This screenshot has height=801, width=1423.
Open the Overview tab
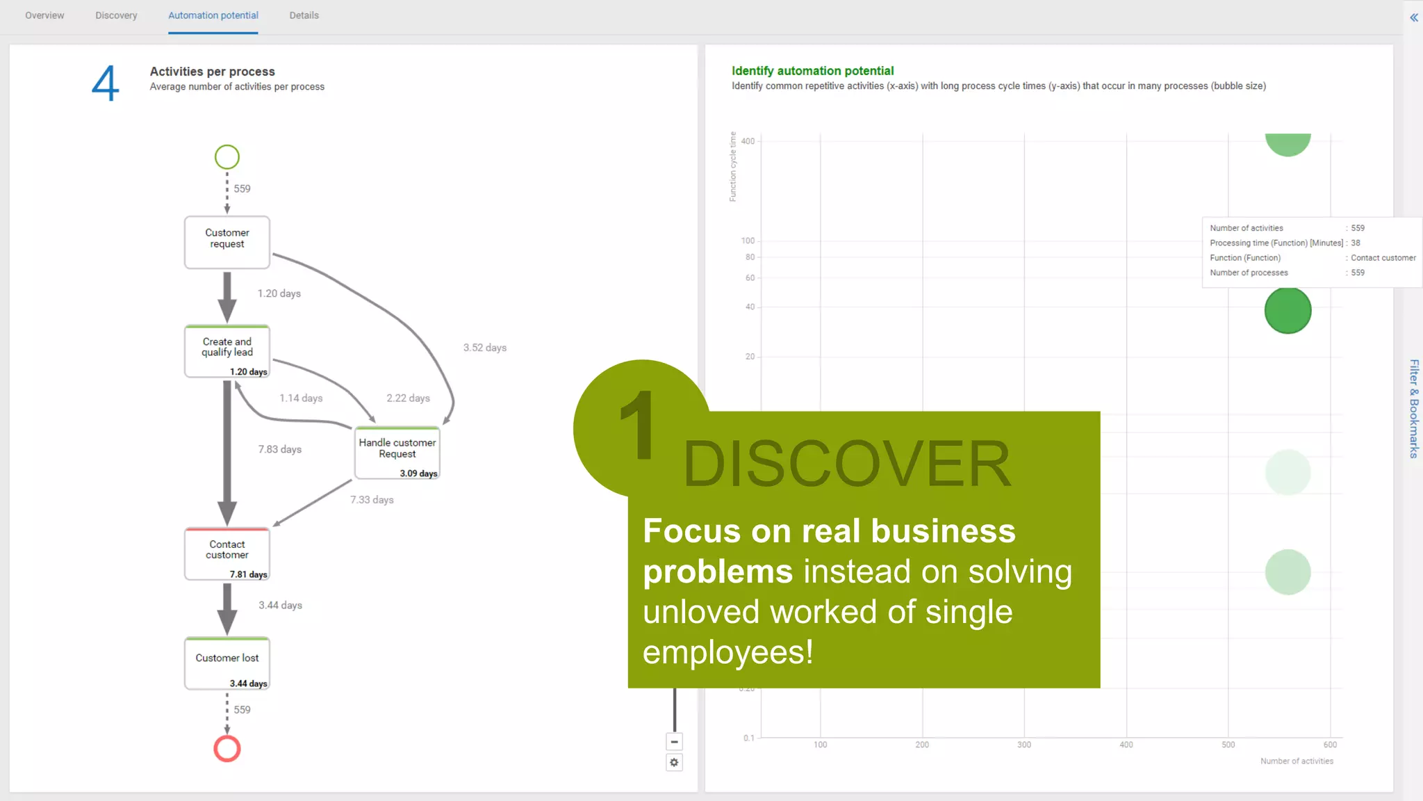pos(44,15)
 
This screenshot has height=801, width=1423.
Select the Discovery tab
pos(116,15)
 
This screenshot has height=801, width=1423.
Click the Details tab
pos(304,15)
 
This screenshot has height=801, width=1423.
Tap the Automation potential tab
pos(213,15)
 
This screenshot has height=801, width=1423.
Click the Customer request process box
pos(227,242)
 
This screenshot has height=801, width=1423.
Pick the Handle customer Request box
pos(397,453)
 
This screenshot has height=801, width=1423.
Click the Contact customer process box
pos(227,553)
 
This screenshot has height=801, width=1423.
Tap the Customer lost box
pos(227,663)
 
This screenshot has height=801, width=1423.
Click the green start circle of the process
pos(227,157)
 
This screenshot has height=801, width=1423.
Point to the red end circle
pos(227,749)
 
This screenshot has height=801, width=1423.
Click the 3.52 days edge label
pos(485,348)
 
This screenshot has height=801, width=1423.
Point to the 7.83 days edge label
pos(279,449)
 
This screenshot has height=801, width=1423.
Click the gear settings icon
pos(674,763)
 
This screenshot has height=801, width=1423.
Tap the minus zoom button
pos(674,742)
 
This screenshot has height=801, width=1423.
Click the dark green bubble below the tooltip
pos(1288,310)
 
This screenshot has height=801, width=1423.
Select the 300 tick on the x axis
pos(1024,745)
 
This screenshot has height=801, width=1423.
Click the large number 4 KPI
pos(106,83)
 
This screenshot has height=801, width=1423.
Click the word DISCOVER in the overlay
pos(846,464)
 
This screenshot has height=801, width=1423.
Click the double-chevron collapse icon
pos(1413,17)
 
